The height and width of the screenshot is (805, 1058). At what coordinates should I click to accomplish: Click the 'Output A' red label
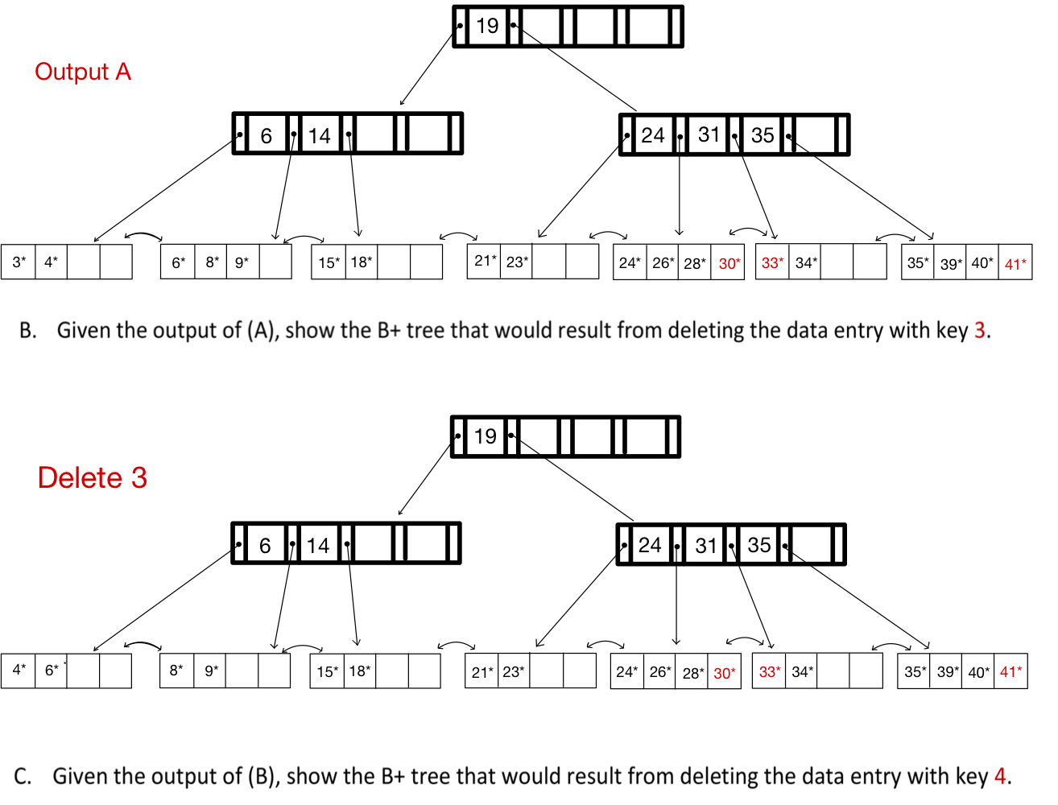tap(82, 72)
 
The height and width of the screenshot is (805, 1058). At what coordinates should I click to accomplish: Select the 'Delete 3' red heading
tap(92, 477)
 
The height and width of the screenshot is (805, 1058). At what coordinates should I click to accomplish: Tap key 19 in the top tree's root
tap(487, 26)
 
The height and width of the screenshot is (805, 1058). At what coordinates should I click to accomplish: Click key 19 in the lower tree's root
tap(485, 436)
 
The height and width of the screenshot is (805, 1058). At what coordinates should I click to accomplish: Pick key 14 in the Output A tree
tap(319, 135)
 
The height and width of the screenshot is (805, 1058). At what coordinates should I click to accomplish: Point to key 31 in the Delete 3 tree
tap(706, 546)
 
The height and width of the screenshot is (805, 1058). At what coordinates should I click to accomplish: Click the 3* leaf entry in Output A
tap(19, 262)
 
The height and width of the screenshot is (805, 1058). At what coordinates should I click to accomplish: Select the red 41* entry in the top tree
tap(1015, 263)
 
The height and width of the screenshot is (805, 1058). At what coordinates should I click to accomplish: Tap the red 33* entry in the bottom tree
tap(770, 671)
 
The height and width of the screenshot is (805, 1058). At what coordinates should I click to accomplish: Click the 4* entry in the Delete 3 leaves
tap(19, 670)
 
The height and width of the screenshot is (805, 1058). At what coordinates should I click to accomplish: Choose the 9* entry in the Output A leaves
tap(242, 262)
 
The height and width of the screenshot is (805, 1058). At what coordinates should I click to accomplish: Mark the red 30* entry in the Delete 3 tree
tap(724, 673)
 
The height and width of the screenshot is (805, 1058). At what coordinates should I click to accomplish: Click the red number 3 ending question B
tap(979, 330)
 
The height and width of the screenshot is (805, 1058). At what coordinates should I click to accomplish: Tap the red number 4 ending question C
tap(1000, 776)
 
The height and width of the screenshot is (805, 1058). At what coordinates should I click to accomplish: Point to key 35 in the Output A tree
tap(762, 135)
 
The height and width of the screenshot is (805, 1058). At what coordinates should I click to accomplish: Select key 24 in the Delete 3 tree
tap(650, 545)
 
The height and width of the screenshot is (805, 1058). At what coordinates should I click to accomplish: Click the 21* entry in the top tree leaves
tap(485, 260)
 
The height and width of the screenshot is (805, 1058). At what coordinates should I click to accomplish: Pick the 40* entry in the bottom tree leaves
tap(978, 672)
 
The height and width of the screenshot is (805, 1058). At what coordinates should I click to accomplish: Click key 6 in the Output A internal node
tap(266, 136)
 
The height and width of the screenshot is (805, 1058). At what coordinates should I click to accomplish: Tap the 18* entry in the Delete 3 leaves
tap(359, 671)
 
